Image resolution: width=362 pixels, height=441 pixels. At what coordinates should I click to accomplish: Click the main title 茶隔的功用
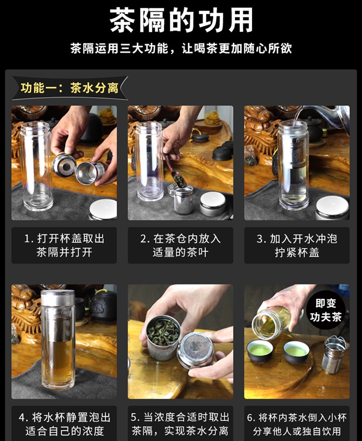pyautogui.click(x=181, y=20)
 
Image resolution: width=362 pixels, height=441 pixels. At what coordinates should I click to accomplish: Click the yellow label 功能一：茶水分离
pyautogui.click(x=70, y=88)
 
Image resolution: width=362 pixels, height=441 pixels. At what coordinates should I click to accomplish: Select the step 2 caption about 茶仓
pyautogui.click(x=181, y=245)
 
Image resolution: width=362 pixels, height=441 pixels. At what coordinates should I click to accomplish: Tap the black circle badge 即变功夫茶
pyautogui.click(x=325, y=310)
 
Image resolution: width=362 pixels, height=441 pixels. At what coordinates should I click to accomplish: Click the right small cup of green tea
pyautogui.click(x=296, y=352)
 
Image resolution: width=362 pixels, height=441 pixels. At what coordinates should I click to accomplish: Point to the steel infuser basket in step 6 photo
pyautogui.click(x=334, y=355)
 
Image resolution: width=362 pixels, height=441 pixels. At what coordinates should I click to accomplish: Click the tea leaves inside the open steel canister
pyautogui.click(x=163, y=333)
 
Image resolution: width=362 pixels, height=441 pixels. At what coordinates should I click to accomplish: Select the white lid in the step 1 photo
pyautogui.click(x=103, y=209)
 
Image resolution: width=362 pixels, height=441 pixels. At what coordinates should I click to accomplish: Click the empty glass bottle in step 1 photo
pyautogui.click(x=37, y=166)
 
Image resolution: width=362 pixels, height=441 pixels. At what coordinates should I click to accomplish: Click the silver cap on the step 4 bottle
pyautogui.click(x=58, y=298)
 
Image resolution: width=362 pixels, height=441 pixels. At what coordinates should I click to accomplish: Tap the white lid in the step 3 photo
pyautogui.click(x=333, y=208)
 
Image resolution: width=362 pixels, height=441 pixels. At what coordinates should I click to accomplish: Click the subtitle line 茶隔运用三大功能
pyautogui.click(x=181, y=48)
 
